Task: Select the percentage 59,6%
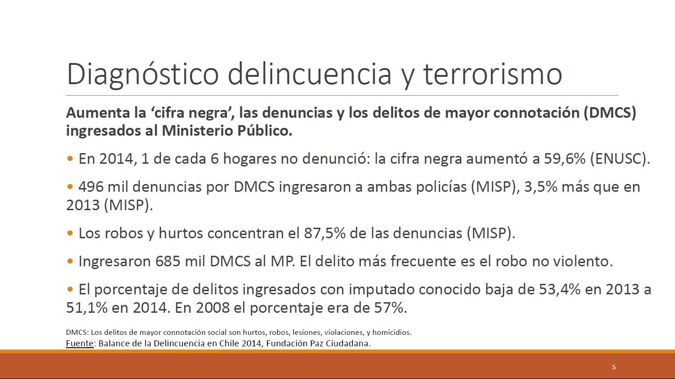564,159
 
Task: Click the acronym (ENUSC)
620,159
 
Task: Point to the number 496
91,187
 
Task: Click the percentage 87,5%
325,233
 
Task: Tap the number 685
168,261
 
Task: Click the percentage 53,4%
559,289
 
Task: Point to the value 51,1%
87,308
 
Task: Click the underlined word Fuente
80,344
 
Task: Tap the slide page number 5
614,367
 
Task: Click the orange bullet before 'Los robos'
70,233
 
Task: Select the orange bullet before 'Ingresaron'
70,261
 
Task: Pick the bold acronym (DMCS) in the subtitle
610,113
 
